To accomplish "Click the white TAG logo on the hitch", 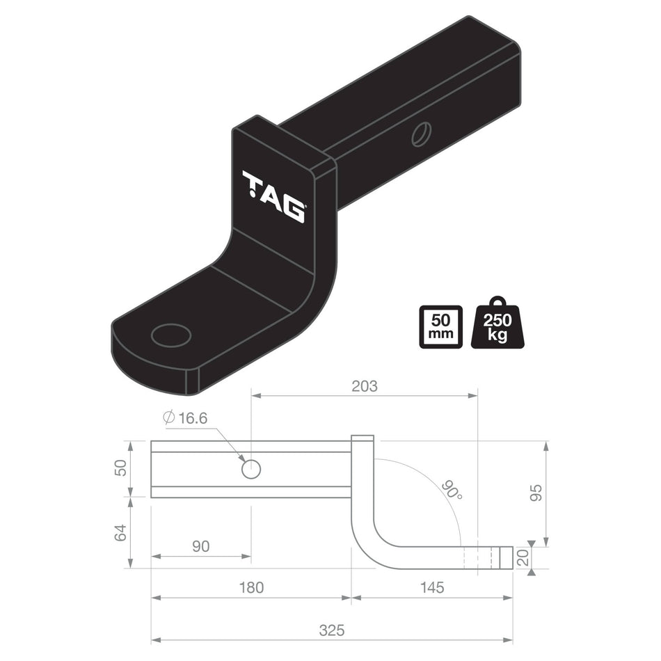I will pyautogui.click(x=273, y=196).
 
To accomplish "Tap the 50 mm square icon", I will pyautogui.click(x=440, y=326).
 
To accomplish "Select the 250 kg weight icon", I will pyautogui.click(x=497, y=325).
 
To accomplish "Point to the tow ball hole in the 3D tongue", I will pyautogui.click(x=171, y=335).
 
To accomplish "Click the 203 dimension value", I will pyautogui.click(x=364, y=385).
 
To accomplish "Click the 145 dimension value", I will pyautogui.click(x=431, y=587).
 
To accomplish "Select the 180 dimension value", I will pyautogui.click(x=251, y=587).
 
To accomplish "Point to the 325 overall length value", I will pyautogui.click(x=332, y=630).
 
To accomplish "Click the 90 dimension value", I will pyautogui.click(x=200, y=546).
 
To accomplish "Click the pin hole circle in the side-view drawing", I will pyautogui.click(x=250, y=470).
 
